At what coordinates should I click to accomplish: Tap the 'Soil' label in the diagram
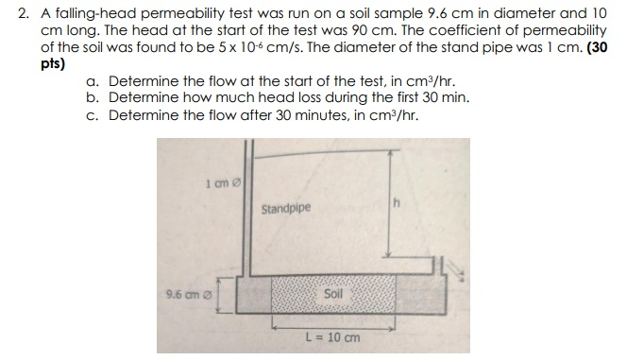333,293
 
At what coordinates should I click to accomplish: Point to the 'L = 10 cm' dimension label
328,337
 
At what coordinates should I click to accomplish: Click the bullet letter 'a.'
93,81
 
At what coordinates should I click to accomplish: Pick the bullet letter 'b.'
93,98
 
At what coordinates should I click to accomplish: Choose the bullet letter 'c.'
93,115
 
